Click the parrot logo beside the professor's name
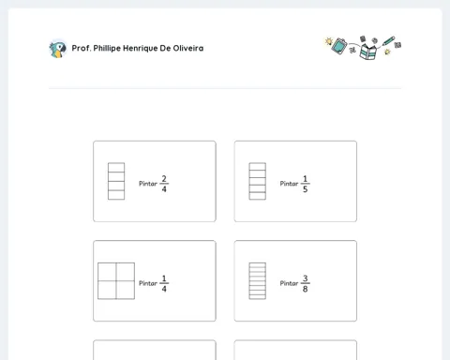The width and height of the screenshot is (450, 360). [x=58, y=50]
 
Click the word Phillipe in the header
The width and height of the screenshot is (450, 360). [x=107, y=49]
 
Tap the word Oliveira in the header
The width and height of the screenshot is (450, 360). [x=188, y=48]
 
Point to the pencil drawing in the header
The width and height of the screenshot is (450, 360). [x=388, y=41]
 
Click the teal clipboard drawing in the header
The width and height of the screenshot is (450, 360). [x=339, y=46]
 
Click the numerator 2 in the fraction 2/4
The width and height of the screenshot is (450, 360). [x=164, y=179]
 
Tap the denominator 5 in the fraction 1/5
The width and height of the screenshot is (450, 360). [x=305, y=189]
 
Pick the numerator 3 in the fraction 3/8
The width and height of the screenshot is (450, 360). [x=305, y=278]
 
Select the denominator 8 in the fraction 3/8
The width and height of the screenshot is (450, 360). [x=305, y=289]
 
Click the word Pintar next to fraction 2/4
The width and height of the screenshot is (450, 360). [x=148, y=184]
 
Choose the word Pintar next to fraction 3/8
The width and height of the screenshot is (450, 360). [x=289, y=283]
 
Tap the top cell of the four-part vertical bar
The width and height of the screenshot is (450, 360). [x=116, y=168]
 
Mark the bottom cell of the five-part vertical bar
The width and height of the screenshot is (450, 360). [x=258, y=196]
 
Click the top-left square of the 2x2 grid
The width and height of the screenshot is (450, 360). [x=107, y=272]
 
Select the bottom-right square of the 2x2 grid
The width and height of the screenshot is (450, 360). [x=126, y=290]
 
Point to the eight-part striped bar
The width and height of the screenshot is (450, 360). [x=258, y=281]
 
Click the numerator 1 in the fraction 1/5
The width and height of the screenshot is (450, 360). [x=305, y=179]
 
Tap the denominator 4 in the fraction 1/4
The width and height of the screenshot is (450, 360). [x=164, y=289]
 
